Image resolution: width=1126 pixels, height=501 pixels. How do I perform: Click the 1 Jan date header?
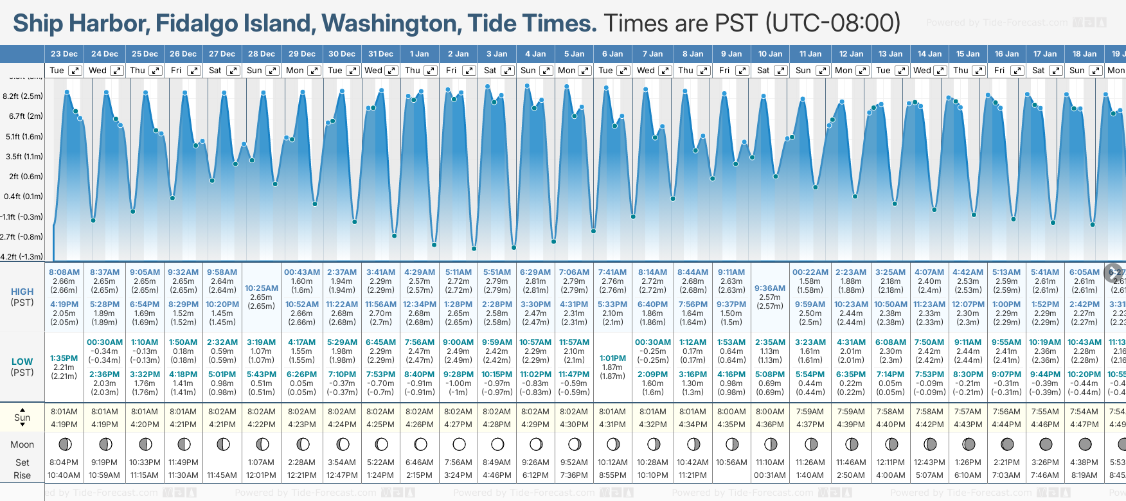click(x=419, y=54)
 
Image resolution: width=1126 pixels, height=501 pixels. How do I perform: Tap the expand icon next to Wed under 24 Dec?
click(x=116, y=71)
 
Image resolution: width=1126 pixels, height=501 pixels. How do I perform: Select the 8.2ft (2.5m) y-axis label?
click(x=23, y=96)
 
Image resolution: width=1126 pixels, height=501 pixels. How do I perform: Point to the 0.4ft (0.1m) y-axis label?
click(x=24, y=197)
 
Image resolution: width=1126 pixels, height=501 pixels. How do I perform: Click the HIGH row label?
click(x=22, y=292)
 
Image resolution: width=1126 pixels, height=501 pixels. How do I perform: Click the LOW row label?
click(x=22, y=362)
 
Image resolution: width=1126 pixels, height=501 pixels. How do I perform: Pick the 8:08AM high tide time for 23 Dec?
click(x=64, y=272)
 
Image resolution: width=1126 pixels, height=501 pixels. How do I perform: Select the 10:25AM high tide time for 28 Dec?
click(x=262, y=288)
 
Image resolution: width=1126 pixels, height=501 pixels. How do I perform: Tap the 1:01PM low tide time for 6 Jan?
click(x=612, y=358)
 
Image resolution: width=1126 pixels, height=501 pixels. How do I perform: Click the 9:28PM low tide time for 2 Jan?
click(x=458, y=374)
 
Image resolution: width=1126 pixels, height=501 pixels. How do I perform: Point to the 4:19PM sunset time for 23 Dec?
click(x=64, y=425)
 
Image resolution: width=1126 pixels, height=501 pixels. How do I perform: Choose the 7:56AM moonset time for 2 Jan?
click(x=458, y=462)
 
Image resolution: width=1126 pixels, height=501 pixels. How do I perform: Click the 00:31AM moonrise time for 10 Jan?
click(x=770, y=475)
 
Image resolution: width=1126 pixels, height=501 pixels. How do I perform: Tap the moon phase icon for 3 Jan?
click(x=497, y=444)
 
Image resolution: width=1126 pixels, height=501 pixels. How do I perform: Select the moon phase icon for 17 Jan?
click(x=1046, y=444)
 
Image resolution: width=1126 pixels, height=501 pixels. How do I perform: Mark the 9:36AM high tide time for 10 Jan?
click(x=770, y=288)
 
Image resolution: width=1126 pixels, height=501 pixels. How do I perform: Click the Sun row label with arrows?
click(x=22, y=418)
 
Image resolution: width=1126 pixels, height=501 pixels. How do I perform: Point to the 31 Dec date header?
click(x=380, y=54)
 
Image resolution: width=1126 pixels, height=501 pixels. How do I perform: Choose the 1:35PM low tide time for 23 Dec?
click(x=64, y=358)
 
